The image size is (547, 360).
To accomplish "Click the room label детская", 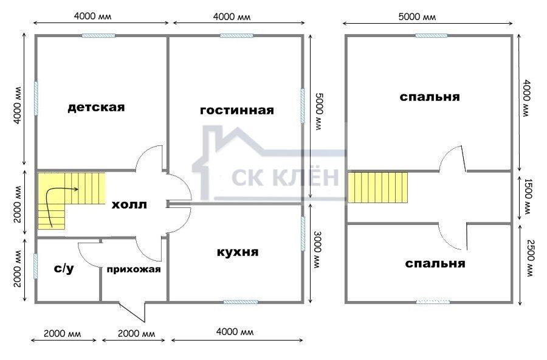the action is (96, 107).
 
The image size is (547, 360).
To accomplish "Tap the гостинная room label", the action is (237, 110).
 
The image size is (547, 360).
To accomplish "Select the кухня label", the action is (238, 252).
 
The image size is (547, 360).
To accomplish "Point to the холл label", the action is (129, 204).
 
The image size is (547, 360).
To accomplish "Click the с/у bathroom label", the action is (64, 269).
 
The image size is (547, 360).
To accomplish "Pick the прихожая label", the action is (134, 269).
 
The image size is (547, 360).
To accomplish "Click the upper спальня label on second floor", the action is (430, 97).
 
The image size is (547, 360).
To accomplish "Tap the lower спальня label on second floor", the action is (435, 263).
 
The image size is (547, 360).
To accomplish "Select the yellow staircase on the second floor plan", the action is (377, 187).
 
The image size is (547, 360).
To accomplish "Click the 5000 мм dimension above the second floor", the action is (417, 16).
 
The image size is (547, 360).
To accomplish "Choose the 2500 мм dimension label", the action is (529, 258).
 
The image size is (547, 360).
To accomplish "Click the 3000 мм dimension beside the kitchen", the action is (317, 249).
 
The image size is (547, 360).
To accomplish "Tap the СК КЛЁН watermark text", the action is (286, 177).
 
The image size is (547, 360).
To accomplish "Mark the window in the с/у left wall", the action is (36, 266).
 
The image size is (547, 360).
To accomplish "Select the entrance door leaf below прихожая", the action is (132, 312).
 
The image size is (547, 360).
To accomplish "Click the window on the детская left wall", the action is (36, 98).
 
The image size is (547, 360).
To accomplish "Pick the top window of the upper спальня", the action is (432, 35).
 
